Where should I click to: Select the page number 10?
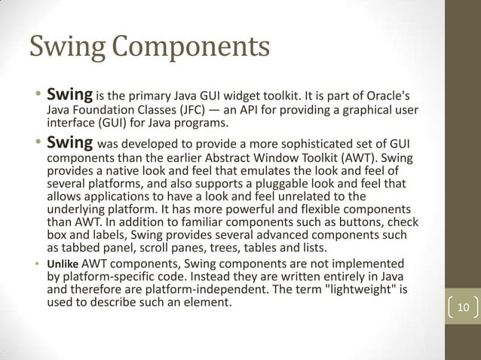(x=463, y=307)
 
